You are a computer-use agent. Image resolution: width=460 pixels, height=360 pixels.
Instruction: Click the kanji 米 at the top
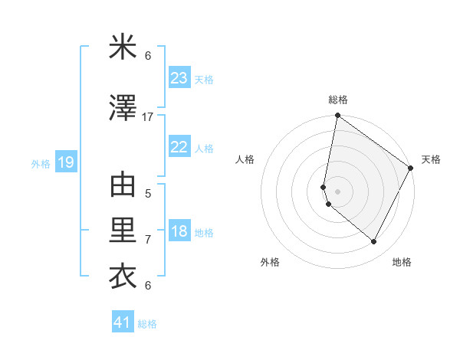click(123, 47)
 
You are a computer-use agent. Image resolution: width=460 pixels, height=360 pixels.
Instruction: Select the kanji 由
click(123, 186)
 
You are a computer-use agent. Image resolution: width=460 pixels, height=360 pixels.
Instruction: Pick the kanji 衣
click(123, 276)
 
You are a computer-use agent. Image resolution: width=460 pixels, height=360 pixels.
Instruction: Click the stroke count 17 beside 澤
click(148, 116)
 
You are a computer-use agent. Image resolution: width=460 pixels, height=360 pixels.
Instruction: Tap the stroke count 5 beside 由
click(148, 193)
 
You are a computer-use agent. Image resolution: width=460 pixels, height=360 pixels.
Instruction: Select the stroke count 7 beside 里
click(148, 240)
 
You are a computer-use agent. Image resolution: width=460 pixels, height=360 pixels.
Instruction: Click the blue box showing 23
click(179, 78)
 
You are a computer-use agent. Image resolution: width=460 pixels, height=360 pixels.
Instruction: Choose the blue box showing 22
click(179, 148)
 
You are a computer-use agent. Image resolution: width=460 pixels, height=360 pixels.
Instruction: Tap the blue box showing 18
click(179, 232)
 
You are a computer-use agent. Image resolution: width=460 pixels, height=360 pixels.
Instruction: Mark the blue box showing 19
click(65, 163)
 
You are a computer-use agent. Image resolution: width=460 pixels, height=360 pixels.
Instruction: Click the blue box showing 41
click(123, 322)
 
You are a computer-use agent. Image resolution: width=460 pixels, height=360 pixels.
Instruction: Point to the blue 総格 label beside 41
click(147, 324)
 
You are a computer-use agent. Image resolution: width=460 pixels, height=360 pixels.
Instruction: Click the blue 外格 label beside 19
click(41, 164)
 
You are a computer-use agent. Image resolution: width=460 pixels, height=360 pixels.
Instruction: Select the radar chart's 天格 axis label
click(431, 159)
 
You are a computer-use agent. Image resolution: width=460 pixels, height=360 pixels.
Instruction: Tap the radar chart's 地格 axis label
click(402, 262)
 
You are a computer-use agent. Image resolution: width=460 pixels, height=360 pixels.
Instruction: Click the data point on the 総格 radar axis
click(337, 116)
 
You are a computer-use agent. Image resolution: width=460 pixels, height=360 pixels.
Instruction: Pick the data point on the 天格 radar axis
click(411, 169)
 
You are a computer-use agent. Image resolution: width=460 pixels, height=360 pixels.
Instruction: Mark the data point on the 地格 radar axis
click(374, 242)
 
